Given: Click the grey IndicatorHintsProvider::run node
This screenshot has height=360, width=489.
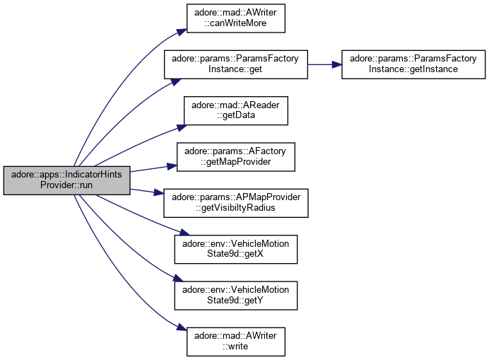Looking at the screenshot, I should click(x=66, y=180).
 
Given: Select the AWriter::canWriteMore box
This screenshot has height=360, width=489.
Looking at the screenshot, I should click(x=235, y=19).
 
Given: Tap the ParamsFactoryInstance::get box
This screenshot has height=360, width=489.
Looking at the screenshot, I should click(x=235, y=64).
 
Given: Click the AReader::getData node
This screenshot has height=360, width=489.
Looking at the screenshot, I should click(x=235, y=110).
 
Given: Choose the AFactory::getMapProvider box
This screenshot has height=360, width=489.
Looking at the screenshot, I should click(x=235, y=156).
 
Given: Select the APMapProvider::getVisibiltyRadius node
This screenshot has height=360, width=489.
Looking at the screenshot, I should click(x=235, y=202).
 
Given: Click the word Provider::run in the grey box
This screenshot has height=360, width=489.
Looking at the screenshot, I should click(x=66, y=185).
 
